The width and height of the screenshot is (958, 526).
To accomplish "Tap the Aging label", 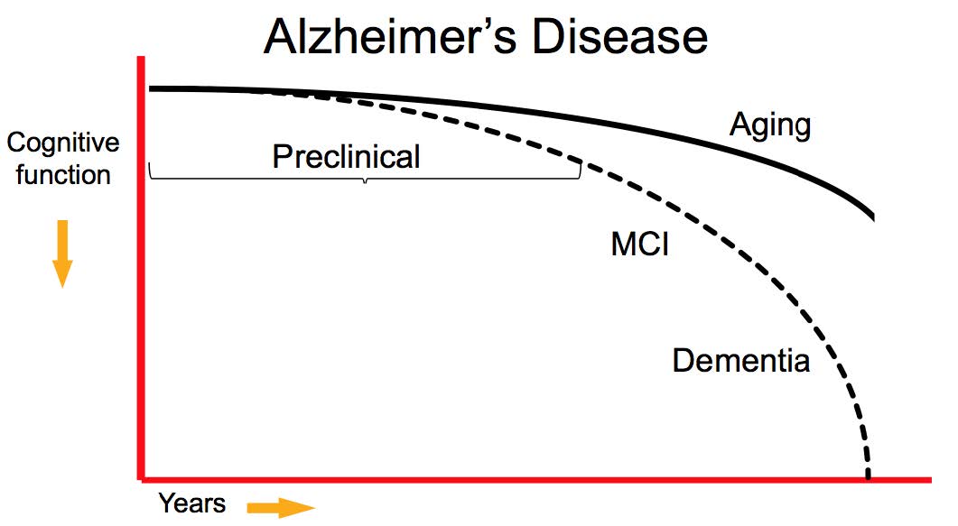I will [769, 125].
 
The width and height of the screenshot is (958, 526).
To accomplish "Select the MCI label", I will [639, 245].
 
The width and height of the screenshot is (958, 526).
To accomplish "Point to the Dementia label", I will [740, 362].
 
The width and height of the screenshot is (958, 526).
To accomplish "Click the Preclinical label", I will [346, 157].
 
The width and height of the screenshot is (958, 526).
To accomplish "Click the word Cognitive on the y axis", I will [62, 143].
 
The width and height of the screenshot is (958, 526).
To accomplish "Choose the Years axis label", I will [191, 503].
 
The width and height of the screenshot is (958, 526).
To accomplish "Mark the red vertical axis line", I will [142, 271].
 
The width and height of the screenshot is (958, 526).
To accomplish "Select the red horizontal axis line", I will [542, 476].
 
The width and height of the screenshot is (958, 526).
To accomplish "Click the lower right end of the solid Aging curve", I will [873, 217].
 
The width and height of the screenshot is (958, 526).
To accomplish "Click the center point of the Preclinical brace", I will [365, 182].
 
